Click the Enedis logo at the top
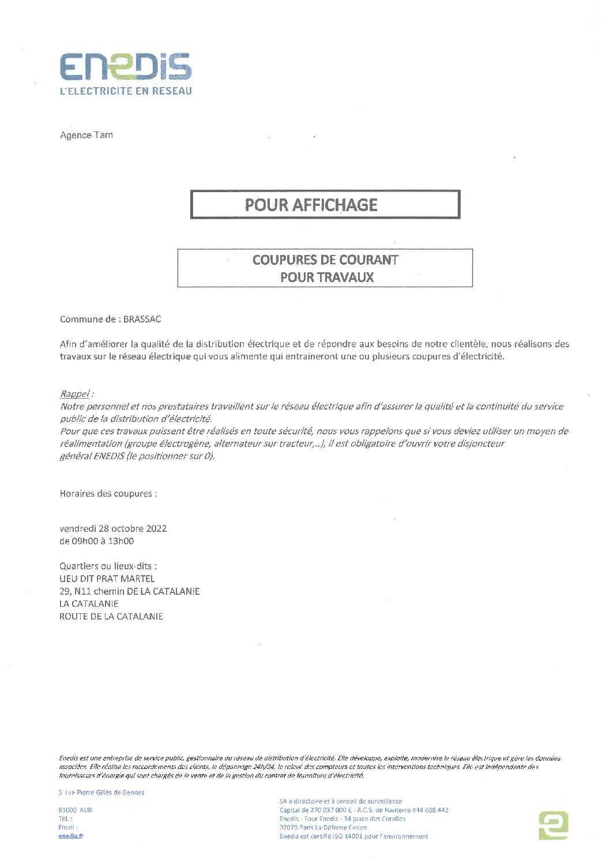[x=126, y=67]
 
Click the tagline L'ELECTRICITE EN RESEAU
[x=126, y=91]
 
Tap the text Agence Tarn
[x=86, y=135]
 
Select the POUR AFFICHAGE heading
[x=311, y=205]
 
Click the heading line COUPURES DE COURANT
[x=325, y=260]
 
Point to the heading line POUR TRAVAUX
[x=326, y=277]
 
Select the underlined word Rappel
[x=75, y=394]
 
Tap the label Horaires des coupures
[x=108, y=494]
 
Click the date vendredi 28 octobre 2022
[x=113, y=528]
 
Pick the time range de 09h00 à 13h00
[x=96, y=541]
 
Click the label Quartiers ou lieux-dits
[x=108, y=566]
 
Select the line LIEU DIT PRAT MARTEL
[x=107, y=579]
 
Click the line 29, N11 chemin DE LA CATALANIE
[x=129, y=591]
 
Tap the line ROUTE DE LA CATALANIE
[x=111, y=617]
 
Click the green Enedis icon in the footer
[x=553, y=825]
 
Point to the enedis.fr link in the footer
[x=71, y=836]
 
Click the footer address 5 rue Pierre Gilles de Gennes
[x=101, y=793]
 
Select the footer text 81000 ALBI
[x=76, y=810]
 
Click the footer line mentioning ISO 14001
[x=353, y=836]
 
